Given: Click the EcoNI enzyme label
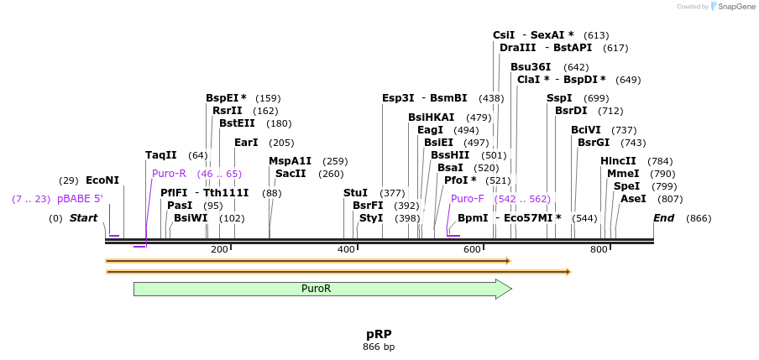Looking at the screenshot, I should coord(102,180).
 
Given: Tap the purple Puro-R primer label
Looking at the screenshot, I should coord(169,174).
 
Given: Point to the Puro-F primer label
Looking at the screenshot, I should coord(467,199).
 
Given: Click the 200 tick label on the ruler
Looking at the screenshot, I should coord(219,249).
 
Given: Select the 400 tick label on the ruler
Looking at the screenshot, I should coord(346,249).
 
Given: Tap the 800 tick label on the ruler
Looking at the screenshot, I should coord(599,249).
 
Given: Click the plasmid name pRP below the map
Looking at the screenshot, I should coord(379,334).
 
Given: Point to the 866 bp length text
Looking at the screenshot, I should coord(379,346).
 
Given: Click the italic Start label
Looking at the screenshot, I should coord(83,218).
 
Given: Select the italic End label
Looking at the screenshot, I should coord(663,218).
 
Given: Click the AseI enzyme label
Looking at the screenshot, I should coord(633,199).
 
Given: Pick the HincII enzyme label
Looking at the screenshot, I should coord(618,161).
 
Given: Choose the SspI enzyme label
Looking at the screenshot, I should coord(559,98).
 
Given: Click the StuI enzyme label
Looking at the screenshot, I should coord(355,193).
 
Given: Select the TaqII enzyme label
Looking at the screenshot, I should coord(161,155).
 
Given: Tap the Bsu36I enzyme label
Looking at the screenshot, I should coord(531,67).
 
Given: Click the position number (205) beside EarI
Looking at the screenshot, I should coord(281,143).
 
